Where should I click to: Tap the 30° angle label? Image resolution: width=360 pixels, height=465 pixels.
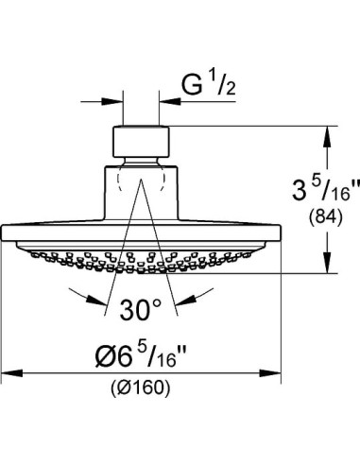141,310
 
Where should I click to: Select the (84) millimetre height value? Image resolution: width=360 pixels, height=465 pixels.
325,217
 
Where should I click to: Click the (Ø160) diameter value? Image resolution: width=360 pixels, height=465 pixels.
141,387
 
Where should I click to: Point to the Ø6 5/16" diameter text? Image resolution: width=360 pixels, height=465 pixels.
141,355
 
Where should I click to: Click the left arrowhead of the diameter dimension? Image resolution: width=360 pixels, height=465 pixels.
12,373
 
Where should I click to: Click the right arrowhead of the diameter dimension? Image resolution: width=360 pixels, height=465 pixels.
269,373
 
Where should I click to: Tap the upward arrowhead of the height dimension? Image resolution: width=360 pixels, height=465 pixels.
328,136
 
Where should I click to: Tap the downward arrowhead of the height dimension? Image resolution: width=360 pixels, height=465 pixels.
328,262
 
